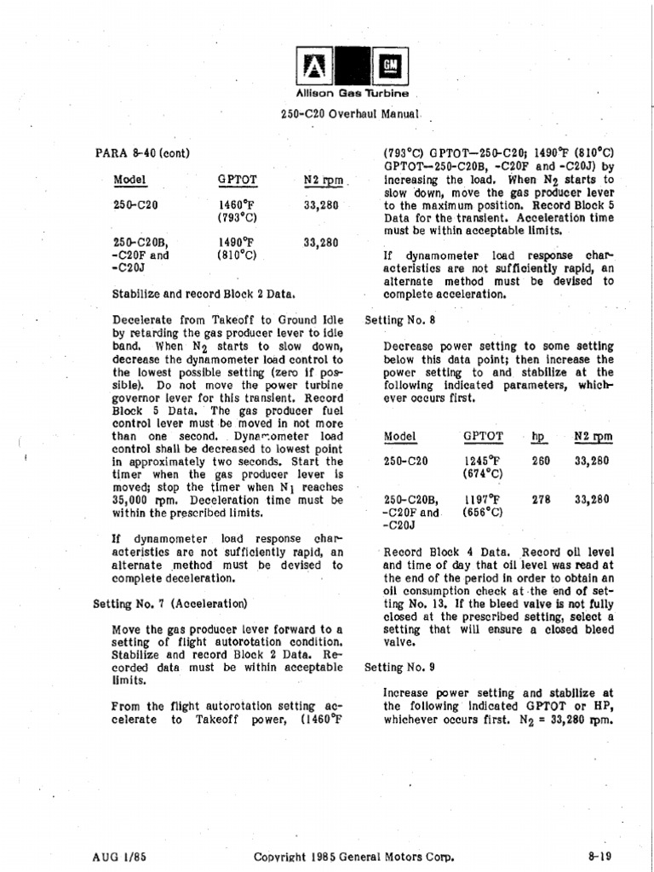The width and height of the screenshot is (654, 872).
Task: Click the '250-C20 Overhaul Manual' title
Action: point(351,113)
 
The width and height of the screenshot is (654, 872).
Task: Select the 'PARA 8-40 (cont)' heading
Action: point(141,153)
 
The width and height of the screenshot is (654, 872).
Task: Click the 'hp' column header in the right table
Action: point(538,437)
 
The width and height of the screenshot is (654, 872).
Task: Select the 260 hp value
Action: point(541,461)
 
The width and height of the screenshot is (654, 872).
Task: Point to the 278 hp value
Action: point(541,500)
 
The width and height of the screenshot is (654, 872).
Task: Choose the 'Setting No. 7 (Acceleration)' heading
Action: point(169,604)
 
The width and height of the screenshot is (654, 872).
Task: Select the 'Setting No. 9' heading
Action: point(399,668)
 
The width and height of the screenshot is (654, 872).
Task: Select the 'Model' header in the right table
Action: point(399,437)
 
